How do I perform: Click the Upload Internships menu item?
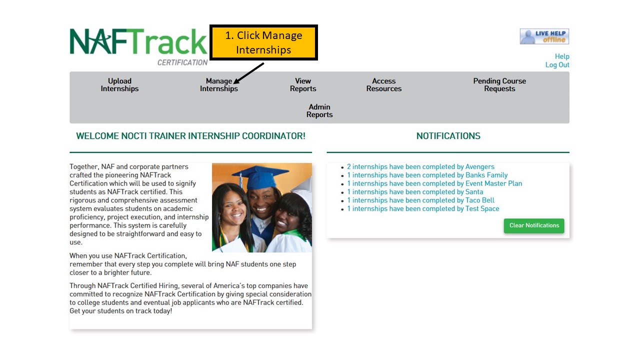click(119, 85)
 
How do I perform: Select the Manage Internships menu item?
click(219, 85)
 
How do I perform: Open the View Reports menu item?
click(303, 85)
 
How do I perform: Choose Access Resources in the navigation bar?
click(383, 85)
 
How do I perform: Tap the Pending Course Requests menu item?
click(499, 85)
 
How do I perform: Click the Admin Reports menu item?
click(319, 111)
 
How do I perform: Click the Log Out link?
click(557, 65)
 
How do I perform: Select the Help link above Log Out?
click(562, 56)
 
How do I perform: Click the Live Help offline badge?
click(544, 36)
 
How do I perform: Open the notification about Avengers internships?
click(420, 166)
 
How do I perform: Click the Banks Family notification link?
click(427, 175)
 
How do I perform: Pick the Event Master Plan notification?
click(434, 183)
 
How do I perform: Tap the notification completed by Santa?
click(415, 191)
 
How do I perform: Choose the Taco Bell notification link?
click(420, 200)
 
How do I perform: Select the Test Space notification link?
click(423, 208)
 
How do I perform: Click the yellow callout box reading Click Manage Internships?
click(263, 42)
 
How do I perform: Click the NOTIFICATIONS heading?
click(448, 136)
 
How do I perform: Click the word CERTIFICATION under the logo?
click(182, 62)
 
